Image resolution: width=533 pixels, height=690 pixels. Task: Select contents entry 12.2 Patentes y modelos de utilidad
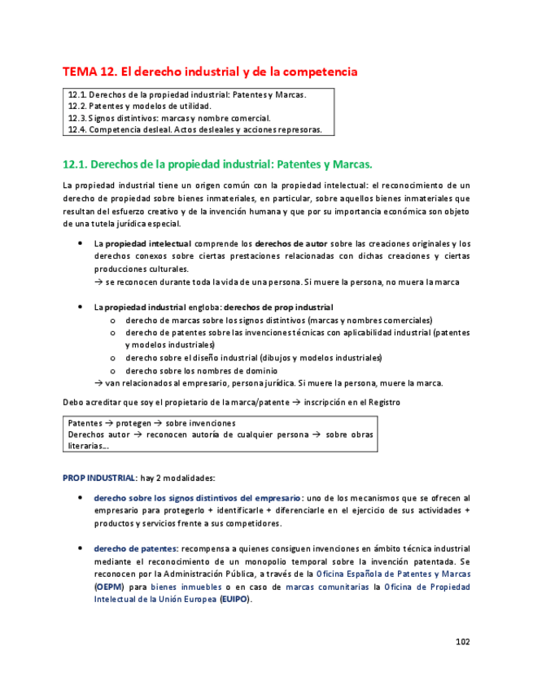coord(139,106)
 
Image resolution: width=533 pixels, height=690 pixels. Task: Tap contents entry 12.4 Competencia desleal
coord(195,129)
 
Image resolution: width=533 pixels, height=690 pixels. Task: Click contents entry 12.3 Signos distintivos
coord(169,117)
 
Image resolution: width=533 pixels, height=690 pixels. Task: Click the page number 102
coord(462,641)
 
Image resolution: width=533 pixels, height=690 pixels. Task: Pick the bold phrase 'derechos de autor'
coord(291,243)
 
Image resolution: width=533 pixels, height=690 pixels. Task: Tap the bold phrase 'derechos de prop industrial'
coord(278,308)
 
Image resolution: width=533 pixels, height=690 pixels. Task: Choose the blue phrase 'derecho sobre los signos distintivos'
coord(198,497)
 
